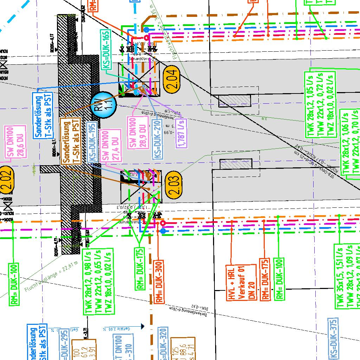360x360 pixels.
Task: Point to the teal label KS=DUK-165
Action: click(106, 51)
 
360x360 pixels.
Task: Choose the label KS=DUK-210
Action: click(157, 139)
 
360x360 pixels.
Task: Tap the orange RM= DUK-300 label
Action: click(159, 282)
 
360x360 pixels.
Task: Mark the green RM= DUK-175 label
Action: click(140, 269)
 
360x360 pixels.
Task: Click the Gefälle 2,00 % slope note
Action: click(117, 329)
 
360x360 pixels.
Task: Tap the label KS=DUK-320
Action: click(162, 345)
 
